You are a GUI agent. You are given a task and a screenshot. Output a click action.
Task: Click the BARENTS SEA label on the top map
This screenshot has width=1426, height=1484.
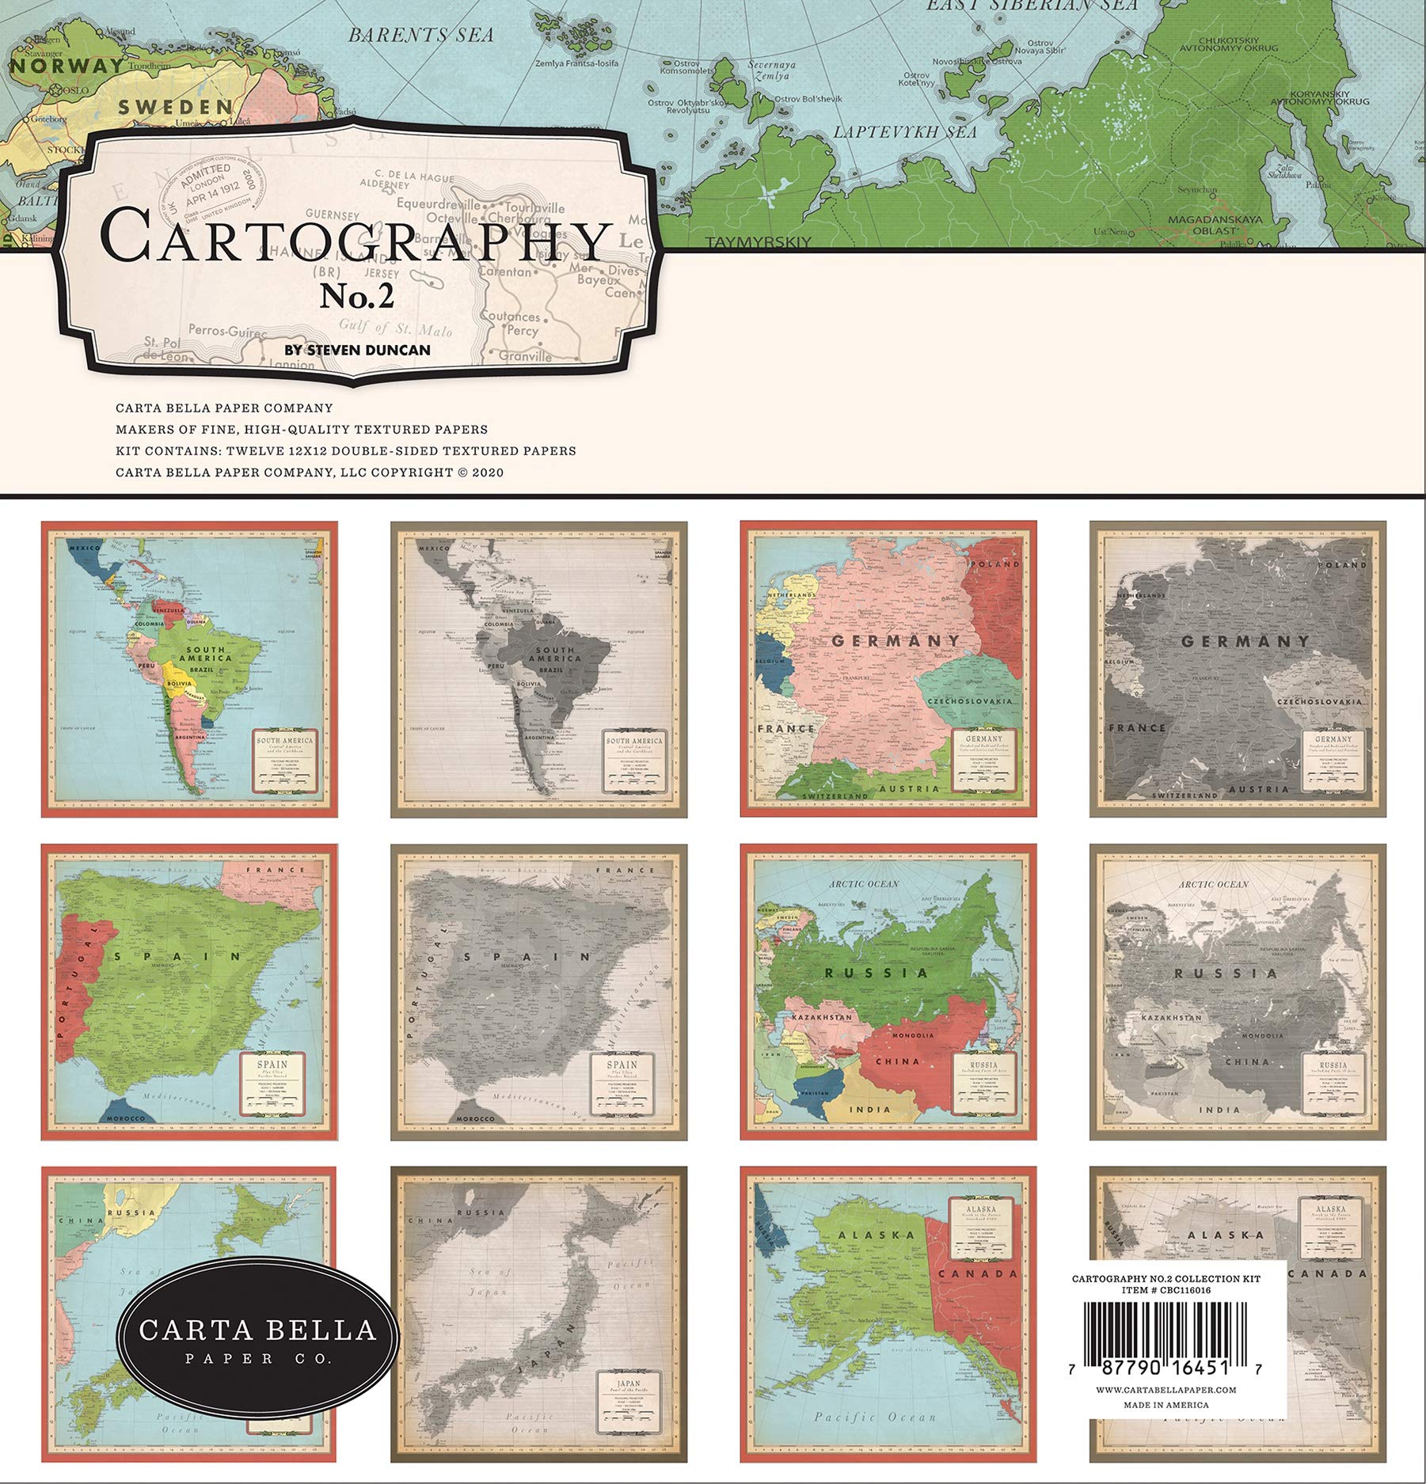click(x=421, y=35)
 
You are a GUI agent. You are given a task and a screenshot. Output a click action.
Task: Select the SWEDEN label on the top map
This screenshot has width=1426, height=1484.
click(x=175, y=106)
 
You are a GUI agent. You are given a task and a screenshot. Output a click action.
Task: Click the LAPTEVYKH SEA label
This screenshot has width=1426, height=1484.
click(x=905, y=132)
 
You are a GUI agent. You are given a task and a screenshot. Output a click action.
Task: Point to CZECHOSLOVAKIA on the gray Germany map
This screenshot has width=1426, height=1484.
click(x=1318, y=702)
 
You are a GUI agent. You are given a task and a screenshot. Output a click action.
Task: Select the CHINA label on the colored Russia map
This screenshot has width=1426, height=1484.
click(x=898, y=1061)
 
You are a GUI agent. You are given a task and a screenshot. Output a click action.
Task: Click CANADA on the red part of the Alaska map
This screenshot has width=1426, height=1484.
click(x=977, y=1273)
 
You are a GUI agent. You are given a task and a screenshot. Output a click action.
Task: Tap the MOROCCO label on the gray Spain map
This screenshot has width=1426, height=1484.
click(x=475, y=1118)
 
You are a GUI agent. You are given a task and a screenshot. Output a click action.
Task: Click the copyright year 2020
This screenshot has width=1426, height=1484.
click(x=488, y=473)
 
